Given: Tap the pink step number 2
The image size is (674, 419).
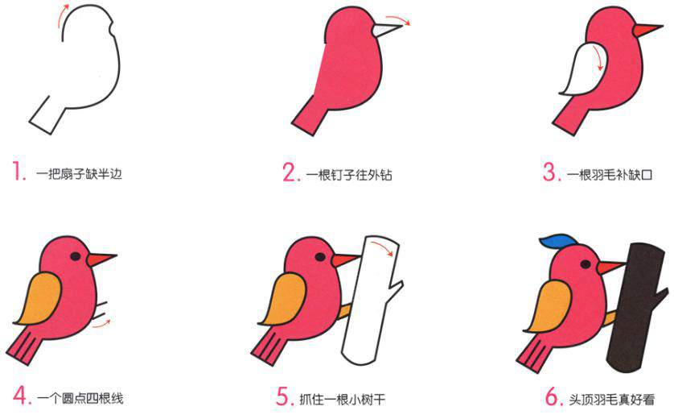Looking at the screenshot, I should tap(290, 172).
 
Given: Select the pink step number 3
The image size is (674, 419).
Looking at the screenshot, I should tap(551, 172).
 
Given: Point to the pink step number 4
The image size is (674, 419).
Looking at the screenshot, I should tap(20, 396).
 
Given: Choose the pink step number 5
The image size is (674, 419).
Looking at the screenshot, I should tap(282, 397).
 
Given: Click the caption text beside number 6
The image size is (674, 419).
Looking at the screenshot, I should tap(612, 398).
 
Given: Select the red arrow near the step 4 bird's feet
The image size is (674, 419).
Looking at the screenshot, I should tap(101, 323).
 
